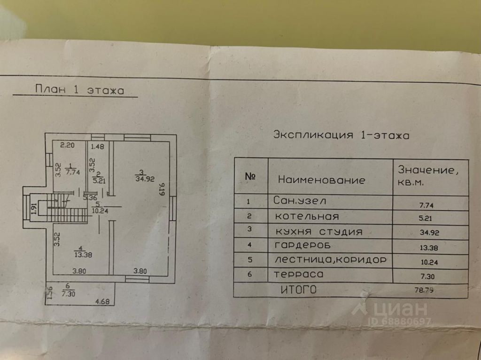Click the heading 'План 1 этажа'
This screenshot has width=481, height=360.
tap(80, 90)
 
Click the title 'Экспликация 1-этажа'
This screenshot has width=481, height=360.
tap(341, 135)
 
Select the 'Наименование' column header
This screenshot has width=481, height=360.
tap(321, 180)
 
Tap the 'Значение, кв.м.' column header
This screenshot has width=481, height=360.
tap(428, 176)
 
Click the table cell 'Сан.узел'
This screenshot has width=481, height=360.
tap(299, 201)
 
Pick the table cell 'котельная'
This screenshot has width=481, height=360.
tap(307, 217)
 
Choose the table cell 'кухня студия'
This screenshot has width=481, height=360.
tap(319, 232)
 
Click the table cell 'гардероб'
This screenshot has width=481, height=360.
tap(303, 245)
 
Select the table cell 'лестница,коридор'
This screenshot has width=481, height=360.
tap(330, 260)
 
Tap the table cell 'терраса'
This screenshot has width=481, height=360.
tap(298, 274)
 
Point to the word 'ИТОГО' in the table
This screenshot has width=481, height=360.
tap(298, 290)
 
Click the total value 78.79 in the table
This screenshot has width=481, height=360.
tap(424, 290)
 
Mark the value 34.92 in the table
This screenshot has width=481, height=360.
tap(429, 233)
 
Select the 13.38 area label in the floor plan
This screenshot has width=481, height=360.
tap(83, 254)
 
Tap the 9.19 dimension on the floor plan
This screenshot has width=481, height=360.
tap(162, 189)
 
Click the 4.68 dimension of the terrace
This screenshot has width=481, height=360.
tap(102, 302)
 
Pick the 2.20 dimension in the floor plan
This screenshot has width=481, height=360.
tap(67, 145)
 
